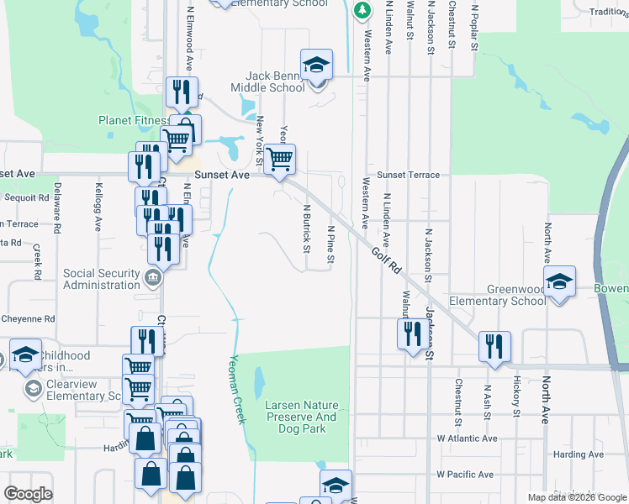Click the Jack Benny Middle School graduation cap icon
(317, 64)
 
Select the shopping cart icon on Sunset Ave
(280, 158)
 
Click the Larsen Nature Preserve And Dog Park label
(301, 417)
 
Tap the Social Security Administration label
(101, 279)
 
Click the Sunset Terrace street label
(408, 175)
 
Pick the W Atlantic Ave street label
(467, 438)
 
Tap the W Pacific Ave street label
(465, 475)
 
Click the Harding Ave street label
(579, 454)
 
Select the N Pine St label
(330, 244)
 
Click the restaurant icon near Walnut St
(410, 333)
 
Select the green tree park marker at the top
(362, 10)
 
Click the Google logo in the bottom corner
(28, 494)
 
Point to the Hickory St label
(516, 396)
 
